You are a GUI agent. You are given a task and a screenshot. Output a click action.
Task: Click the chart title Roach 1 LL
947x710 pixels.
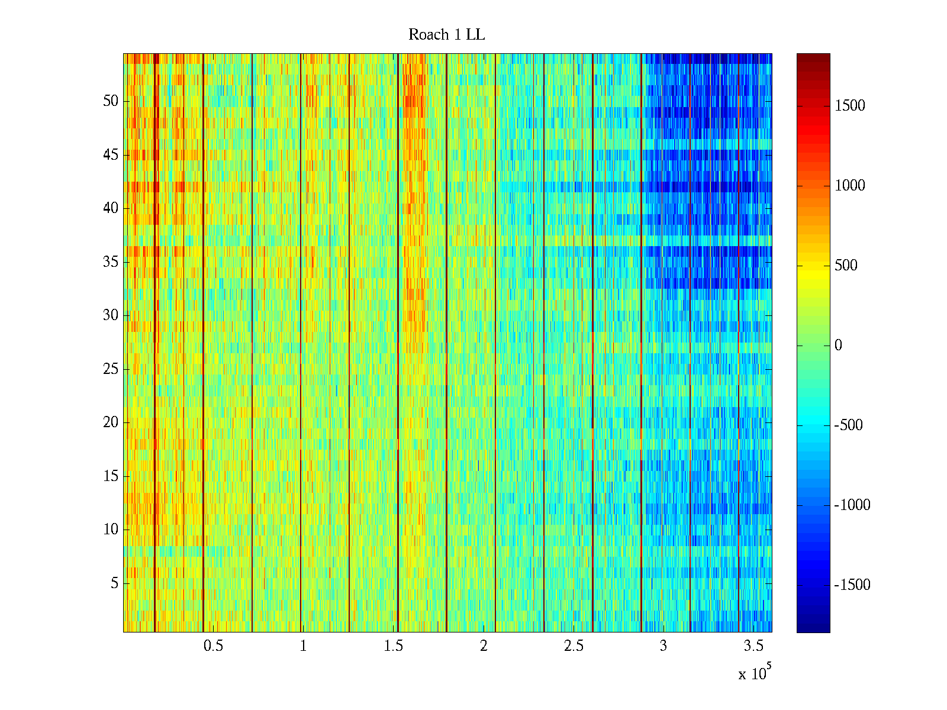click(446, 35)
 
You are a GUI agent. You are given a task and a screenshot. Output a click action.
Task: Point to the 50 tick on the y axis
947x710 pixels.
click(111, 101)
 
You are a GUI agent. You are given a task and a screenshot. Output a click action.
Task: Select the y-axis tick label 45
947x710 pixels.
click(111, 155)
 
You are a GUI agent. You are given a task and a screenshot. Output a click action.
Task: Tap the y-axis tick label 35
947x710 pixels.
click(111, 262)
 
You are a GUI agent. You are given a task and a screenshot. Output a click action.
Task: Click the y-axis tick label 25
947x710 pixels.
click(111, 369)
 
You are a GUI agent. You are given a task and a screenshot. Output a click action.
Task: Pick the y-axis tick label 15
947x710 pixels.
click(111, 476)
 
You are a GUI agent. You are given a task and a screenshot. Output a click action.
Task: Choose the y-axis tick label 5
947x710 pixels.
click(114, 583)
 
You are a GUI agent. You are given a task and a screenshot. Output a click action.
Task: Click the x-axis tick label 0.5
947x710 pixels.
click(213, 646)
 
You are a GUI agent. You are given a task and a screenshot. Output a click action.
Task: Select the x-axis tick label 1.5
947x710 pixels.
click(393, 646)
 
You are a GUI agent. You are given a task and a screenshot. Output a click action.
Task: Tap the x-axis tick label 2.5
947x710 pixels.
click(574, 646)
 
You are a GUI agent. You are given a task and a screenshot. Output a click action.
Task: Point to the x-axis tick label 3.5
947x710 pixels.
click(753, 646)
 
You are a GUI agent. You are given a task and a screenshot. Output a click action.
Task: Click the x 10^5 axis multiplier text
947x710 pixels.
click(754, 673)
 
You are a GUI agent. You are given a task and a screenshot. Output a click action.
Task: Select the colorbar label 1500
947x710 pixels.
click(849, 106)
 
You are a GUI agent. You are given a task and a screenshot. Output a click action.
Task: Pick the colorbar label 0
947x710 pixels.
click(838, 346)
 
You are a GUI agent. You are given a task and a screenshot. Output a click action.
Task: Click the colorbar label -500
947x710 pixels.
click(848, 425)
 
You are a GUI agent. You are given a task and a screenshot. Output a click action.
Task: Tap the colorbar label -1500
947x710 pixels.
click(852, 585)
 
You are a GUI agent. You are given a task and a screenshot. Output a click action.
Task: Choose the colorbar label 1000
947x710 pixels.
click(849, 186)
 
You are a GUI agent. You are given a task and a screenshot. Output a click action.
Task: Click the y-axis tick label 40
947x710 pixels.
click(111, 208)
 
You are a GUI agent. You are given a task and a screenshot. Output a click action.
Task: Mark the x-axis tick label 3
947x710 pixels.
click(663, 646)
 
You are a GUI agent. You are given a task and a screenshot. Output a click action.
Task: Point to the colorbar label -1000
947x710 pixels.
click(852, 505)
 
